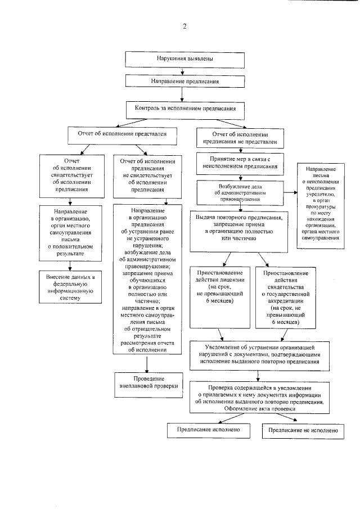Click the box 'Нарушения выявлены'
(x=184, y=58)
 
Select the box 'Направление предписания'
(x=184, y=82)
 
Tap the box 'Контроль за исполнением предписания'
(x=185, y=107)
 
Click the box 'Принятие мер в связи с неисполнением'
(x=241, y=163)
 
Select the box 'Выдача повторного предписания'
(x=242, y=231)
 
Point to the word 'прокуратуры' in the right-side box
(x=321, y=208)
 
